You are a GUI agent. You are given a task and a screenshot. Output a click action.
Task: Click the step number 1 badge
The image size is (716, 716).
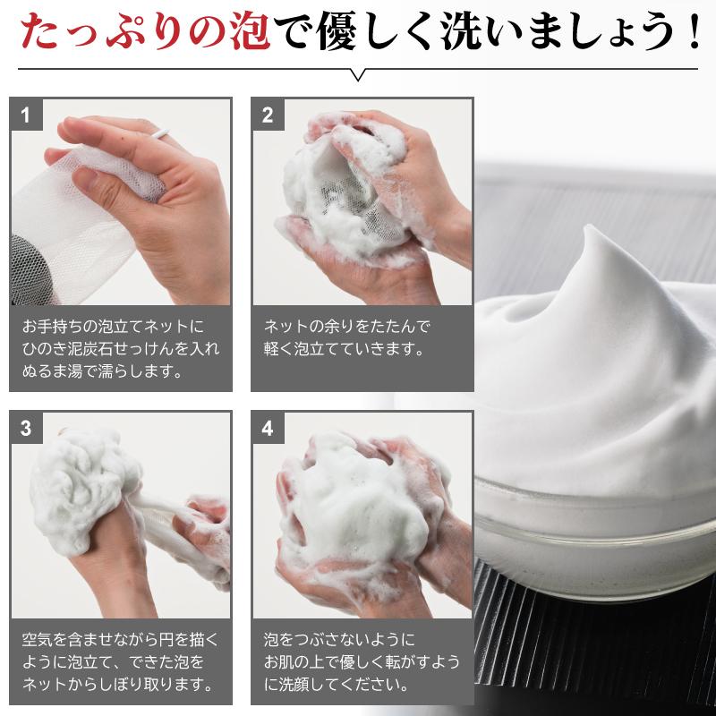click(x=26, y=114)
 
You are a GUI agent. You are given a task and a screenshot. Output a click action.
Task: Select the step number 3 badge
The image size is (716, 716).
click(x=26, y=427)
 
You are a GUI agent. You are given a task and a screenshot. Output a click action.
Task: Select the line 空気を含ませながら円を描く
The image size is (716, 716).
click(x=120, y=641)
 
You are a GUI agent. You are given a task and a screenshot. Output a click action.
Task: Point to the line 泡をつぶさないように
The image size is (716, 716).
click(x=340, y=641)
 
